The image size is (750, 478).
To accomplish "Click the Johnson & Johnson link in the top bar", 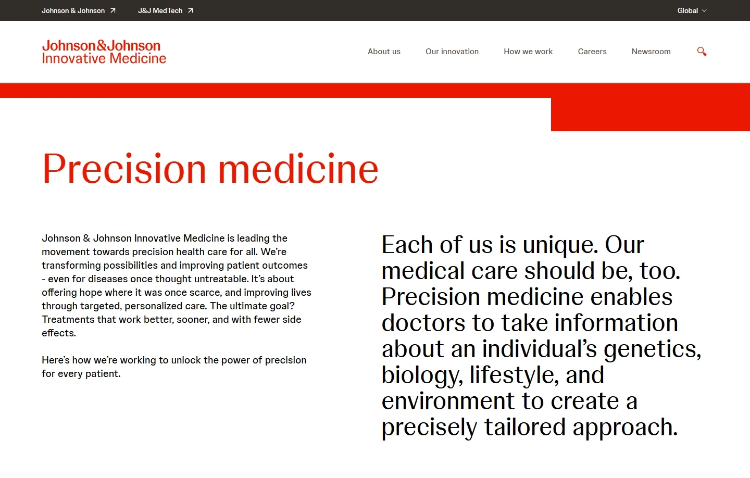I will (x=73, y=10).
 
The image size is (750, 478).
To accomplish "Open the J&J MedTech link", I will (x=160, y=10).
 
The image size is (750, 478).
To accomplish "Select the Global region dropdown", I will (x=692, y=10).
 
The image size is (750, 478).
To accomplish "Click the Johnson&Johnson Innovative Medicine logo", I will (x=104, y=52).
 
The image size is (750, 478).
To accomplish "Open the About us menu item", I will (x=384, y=52).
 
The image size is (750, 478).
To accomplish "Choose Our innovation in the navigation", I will (x=452, y=52).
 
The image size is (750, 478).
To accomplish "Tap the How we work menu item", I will (x=528, y=52).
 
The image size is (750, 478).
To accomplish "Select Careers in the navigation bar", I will (x=592, y=52).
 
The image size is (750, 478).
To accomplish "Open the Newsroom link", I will (x=651, y=52).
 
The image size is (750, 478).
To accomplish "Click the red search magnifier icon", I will (x=702, y=52).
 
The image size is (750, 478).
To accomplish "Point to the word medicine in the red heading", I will (x=298, y=169).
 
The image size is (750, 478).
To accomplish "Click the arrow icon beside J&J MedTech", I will (x=191, y=10).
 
